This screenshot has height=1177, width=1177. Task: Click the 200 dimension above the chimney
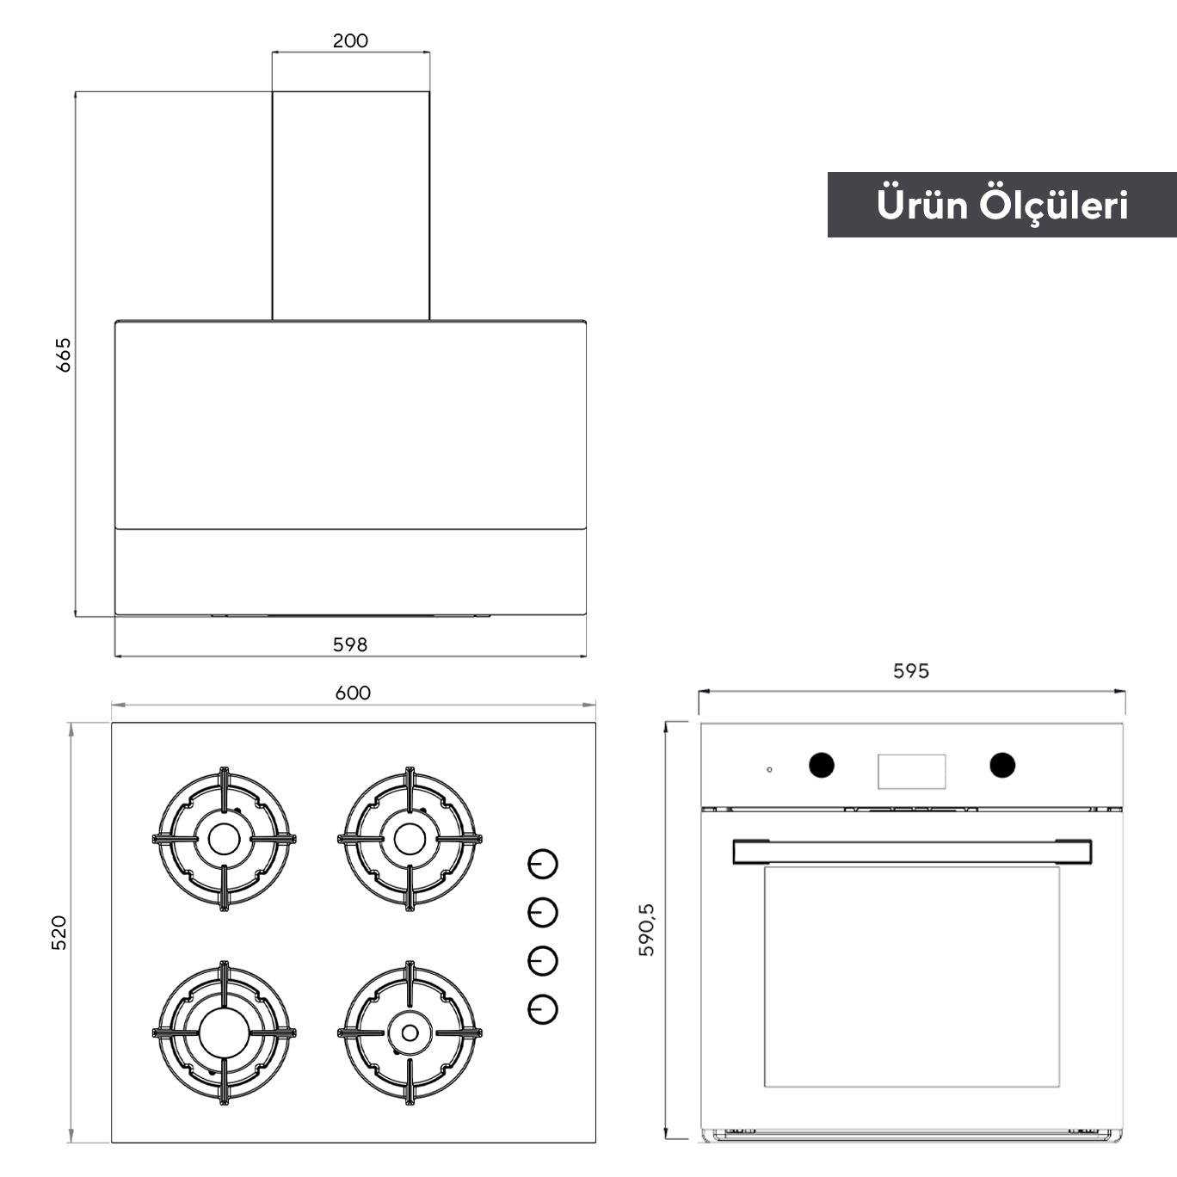pyautogui.click(x=350, y=41)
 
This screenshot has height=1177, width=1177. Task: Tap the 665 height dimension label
pyautogui.click(x=64, y=354)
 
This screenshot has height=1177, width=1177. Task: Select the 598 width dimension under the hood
pyautogui.click(x=350, y=644)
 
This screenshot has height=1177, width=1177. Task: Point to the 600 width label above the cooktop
pyautogui.click(x=353, y=693)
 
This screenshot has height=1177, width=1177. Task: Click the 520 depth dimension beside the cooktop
pyautogui.click(x=59, y=933)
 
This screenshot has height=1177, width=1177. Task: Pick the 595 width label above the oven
pyautogui.click(x=910, y=671)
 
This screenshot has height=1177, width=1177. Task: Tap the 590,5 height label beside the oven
pyautogui.click(x=646, y=929)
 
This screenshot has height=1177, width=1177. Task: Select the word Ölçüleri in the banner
pyautogui.click(x=1055, y=206)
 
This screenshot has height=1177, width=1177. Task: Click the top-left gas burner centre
pyautogui.click(x=225, y=839)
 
